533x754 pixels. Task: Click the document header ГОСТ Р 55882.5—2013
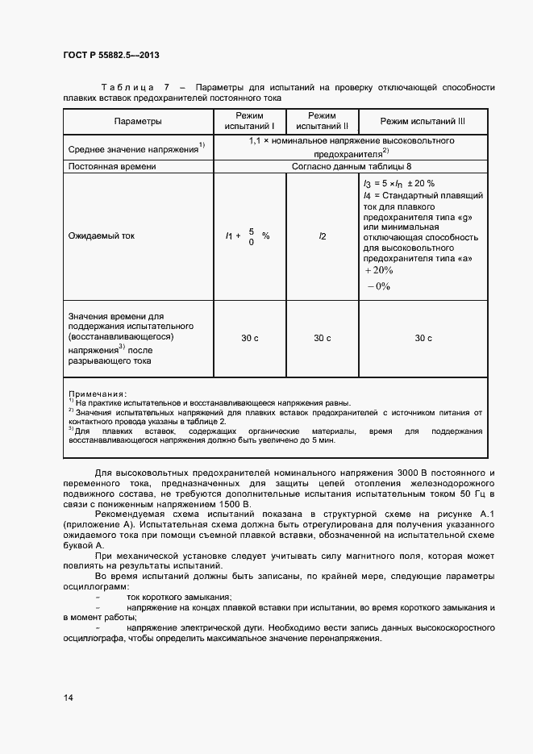pos(110,56)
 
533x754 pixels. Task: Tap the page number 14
pos(68,697)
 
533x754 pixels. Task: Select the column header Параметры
pos(138,121)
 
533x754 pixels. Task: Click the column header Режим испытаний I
pos(249,121)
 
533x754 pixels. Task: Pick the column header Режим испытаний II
pos(322,121)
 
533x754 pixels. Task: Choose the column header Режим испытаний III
pos(423,121)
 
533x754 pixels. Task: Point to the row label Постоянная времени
pos(112,166)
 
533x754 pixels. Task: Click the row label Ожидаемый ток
pos(102,236)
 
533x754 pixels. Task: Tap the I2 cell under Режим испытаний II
pos(322,236)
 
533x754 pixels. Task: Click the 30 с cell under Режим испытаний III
pos(423,338)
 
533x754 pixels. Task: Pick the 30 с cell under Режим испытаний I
pos(249,338)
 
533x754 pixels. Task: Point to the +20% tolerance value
pos(378,270)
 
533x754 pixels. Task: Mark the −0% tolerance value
pos(378,286)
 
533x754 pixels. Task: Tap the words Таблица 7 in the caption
pos(135,87)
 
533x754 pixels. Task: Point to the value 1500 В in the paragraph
pos(234,503)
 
